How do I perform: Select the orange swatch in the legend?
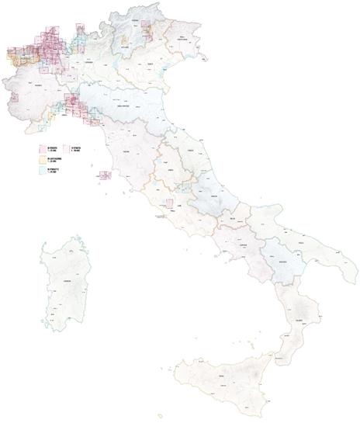44,158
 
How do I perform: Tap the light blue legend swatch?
44,168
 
